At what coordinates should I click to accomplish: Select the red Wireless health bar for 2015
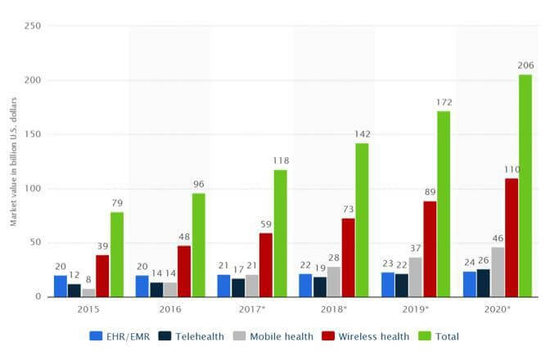point(102,276)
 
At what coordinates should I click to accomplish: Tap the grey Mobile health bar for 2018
point(333,281)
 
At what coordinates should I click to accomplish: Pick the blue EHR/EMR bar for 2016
point(142,286)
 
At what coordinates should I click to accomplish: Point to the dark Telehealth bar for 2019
point(401,285)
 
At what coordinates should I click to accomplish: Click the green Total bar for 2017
point(280,233)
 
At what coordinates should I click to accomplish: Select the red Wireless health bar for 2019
point(429,249)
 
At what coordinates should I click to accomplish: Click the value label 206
point(525,65)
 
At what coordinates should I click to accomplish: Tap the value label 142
point(362,133)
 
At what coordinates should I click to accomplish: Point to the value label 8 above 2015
point(88,279)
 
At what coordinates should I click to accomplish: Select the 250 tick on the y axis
point(33,26)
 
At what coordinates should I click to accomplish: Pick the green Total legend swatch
point(425,336)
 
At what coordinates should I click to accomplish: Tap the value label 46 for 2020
point(498,238)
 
